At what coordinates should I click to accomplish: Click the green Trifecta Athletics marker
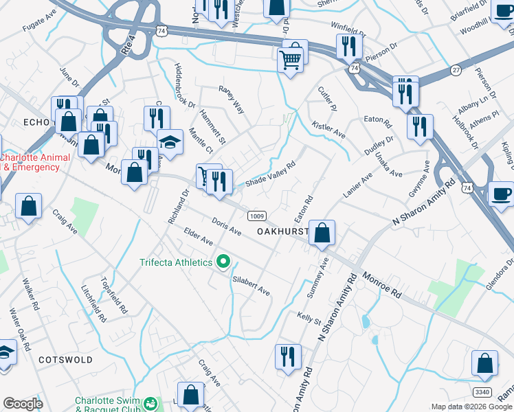click(223, 262)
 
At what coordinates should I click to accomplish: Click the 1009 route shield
click(256, 216)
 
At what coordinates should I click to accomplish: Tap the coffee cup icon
click(502, 194)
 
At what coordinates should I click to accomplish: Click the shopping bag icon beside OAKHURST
click(322, 233)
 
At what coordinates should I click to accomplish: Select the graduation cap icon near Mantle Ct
click(170, 142)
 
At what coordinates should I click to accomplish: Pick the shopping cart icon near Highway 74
click(291, 60)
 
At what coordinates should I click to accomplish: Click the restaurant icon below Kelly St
click(287, 356)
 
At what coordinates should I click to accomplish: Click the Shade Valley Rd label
click(270, 174)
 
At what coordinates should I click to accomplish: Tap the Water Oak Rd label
click(21, 330)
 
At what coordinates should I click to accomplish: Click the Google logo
click(22, 404)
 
